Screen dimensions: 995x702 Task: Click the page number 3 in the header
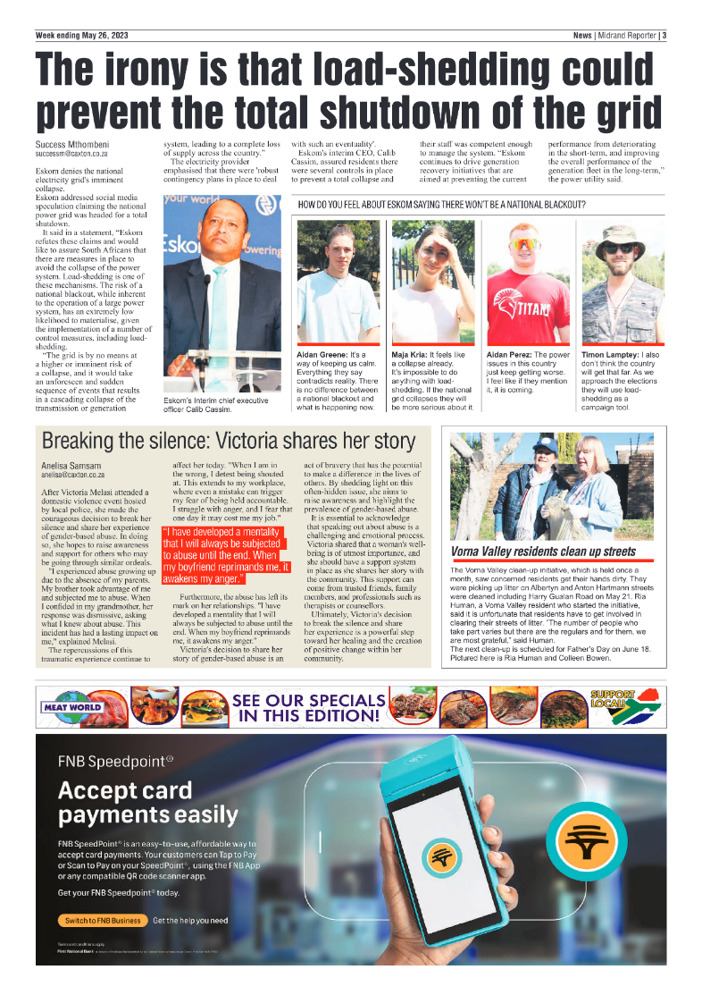[664, 36]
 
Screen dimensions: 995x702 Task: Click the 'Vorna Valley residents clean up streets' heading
[543, 552]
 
